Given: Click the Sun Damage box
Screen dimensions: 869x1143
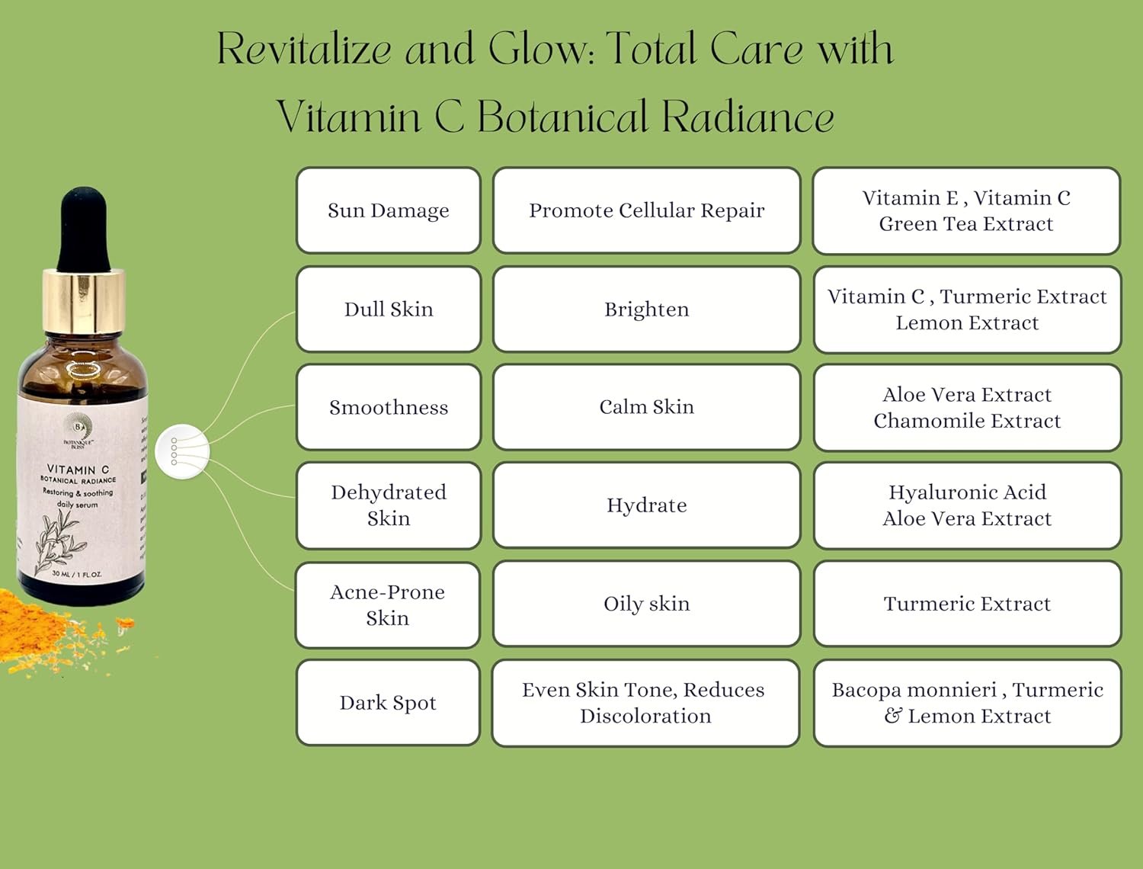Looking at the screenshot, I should click(x=388, y=210).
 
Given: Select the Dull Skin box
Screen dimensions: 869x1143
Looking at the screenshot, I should click(x=388, y=309).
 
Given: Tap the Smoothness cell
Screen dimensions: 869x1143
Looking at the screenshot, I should click(x=388, y=407).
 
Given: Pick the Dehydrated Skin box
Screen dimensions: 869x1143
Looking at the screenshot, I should click(x=388, y=505).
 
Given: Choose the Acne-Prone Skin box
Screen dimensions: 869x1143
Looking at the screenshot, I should click(x=387, y=604).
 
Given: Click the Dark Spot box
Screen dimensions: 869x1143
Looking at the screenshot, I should click(x=387, y=702).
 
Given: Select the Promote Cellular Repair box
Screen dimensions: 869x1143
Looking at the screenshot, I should click(x=646, y=210).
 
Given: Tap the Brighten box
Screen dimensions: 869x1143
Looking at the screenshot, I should click(x=646, y=309).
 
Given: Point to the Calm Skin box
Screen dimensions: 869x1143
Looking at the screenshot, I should click(x=646, y=407).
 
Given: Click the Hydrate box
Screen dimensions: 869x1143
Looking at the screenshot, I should click(x=646, y=505).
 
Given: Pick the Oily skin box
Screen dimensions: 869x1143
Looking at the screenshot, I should click(x=646, y=604).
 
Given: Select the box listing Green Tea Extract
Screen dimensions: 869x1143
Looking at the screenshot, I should click(x=966, y=211).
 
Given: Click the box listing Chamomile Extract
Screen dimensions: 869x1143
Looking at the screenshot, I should click(x=967, y=408).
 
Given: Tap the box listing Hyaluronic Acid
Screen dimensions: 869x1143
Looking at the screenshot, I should click(x=967, y=505).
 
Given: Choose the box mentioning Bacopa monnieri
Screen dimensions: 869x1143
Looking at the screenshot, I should click(x=967, y=703).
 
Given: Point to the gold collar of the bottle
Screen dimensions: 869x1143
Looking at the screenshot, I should click(x=83, y=301).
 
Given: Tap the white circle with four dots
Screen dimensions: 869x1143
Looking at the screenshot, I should click(x=181, y=451).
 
